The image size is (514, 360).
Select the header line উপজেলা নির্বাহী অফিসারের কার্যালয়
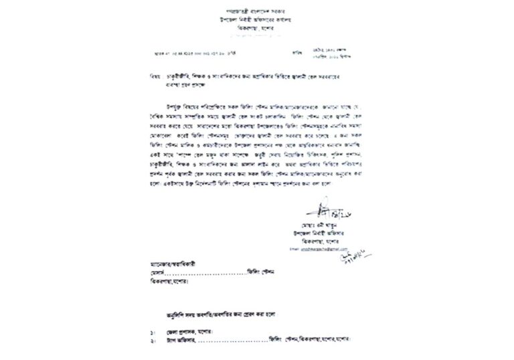[257, 21]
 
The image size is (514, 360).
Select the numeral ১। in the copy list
[153, 332]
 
